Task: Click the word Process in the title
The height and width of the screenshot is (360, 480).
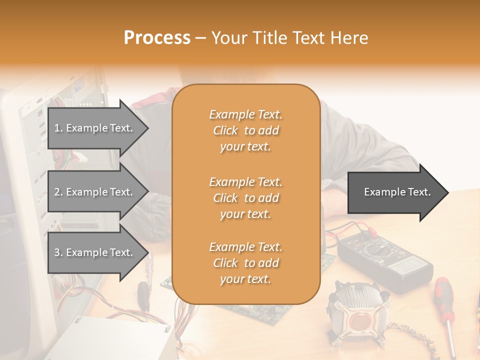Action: (157, 38)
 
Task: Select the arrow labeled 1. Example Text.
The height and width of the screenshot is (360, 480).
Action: (95, 128)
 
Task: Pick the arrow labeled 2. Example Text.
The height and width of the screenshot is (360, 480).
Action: (95, 192)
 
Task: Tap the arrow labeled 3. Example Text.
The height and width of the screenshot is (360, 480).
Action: (95, 252)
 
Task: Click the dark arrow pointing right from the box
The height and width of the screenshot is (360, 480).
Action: (395, 192)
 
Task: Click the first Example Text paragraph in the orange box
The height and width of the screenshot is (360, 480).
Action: (246, 130)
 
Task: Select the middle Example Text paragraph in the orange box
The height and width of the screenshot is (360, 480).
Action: (246, 198)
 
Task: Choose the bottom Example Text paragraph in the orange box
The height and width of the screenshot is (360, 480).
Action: (246, 263)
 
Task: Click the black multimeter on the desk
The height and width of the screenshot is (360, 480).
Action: (385, 262)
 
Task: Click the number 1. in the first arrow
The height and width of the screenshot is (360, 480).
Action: (58, 128)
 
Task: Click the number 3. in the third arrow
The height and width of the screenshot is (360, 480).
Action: (58, 252)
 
